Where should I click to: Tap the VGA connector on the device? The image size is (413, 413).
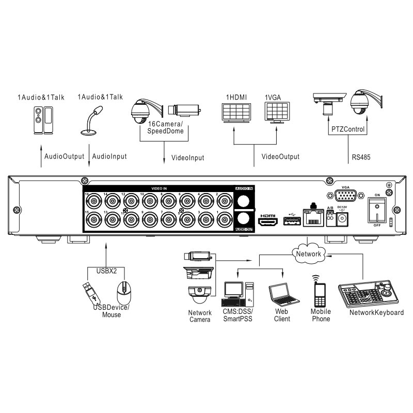(x=345, y=196)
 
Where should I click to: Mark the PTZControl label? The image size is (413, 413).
(x=347, y=129)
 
